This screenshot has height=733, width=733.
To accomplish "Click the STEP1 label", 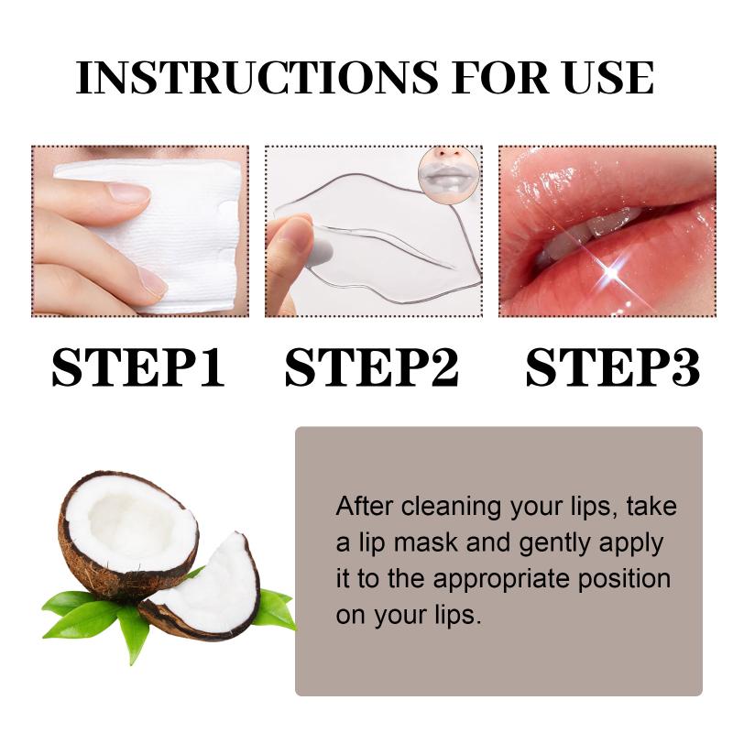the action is (138, 367).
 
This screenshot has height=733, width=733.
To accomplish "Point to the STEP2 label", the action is (372, 367).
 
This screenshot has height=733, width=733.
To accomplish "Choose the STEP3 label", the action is (612, 367).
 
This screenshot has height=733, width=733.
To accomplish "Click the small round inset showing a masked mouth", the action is (448, 174).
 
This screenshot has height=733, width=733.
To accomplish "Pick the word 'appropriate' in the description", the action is (501, 580).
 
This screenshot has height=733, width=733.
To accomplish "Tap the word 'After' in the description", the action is (364, 507).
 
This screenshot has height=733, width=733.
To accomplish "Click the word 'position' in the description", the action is (624, 580).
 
